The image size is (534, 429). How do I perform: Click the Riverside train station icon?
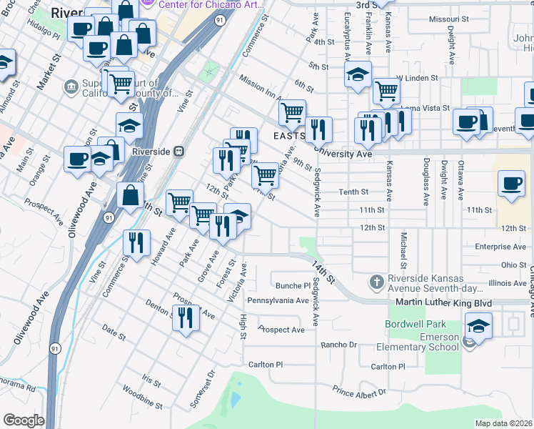(178, 152)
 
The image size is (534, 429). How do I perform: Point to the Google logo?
(23, 420)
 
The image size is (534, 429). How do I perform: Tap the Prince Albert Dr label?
(359, 390)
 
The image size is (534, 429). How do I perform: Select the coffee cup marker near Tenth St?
(511, 184)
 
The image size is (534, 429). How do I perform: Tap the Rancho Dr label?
(339, 344)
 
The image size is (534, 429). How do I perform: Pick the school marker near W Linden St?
(358, 74)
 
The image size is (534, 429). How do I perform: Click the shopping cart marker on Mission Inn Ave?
(292, 112)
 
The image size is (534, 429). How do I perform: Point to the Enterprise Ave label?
(500, 247)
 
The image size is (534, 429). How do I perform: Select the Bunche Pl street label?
(293, 285)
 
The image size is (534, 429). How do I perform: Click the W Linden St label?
(415, 77)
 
